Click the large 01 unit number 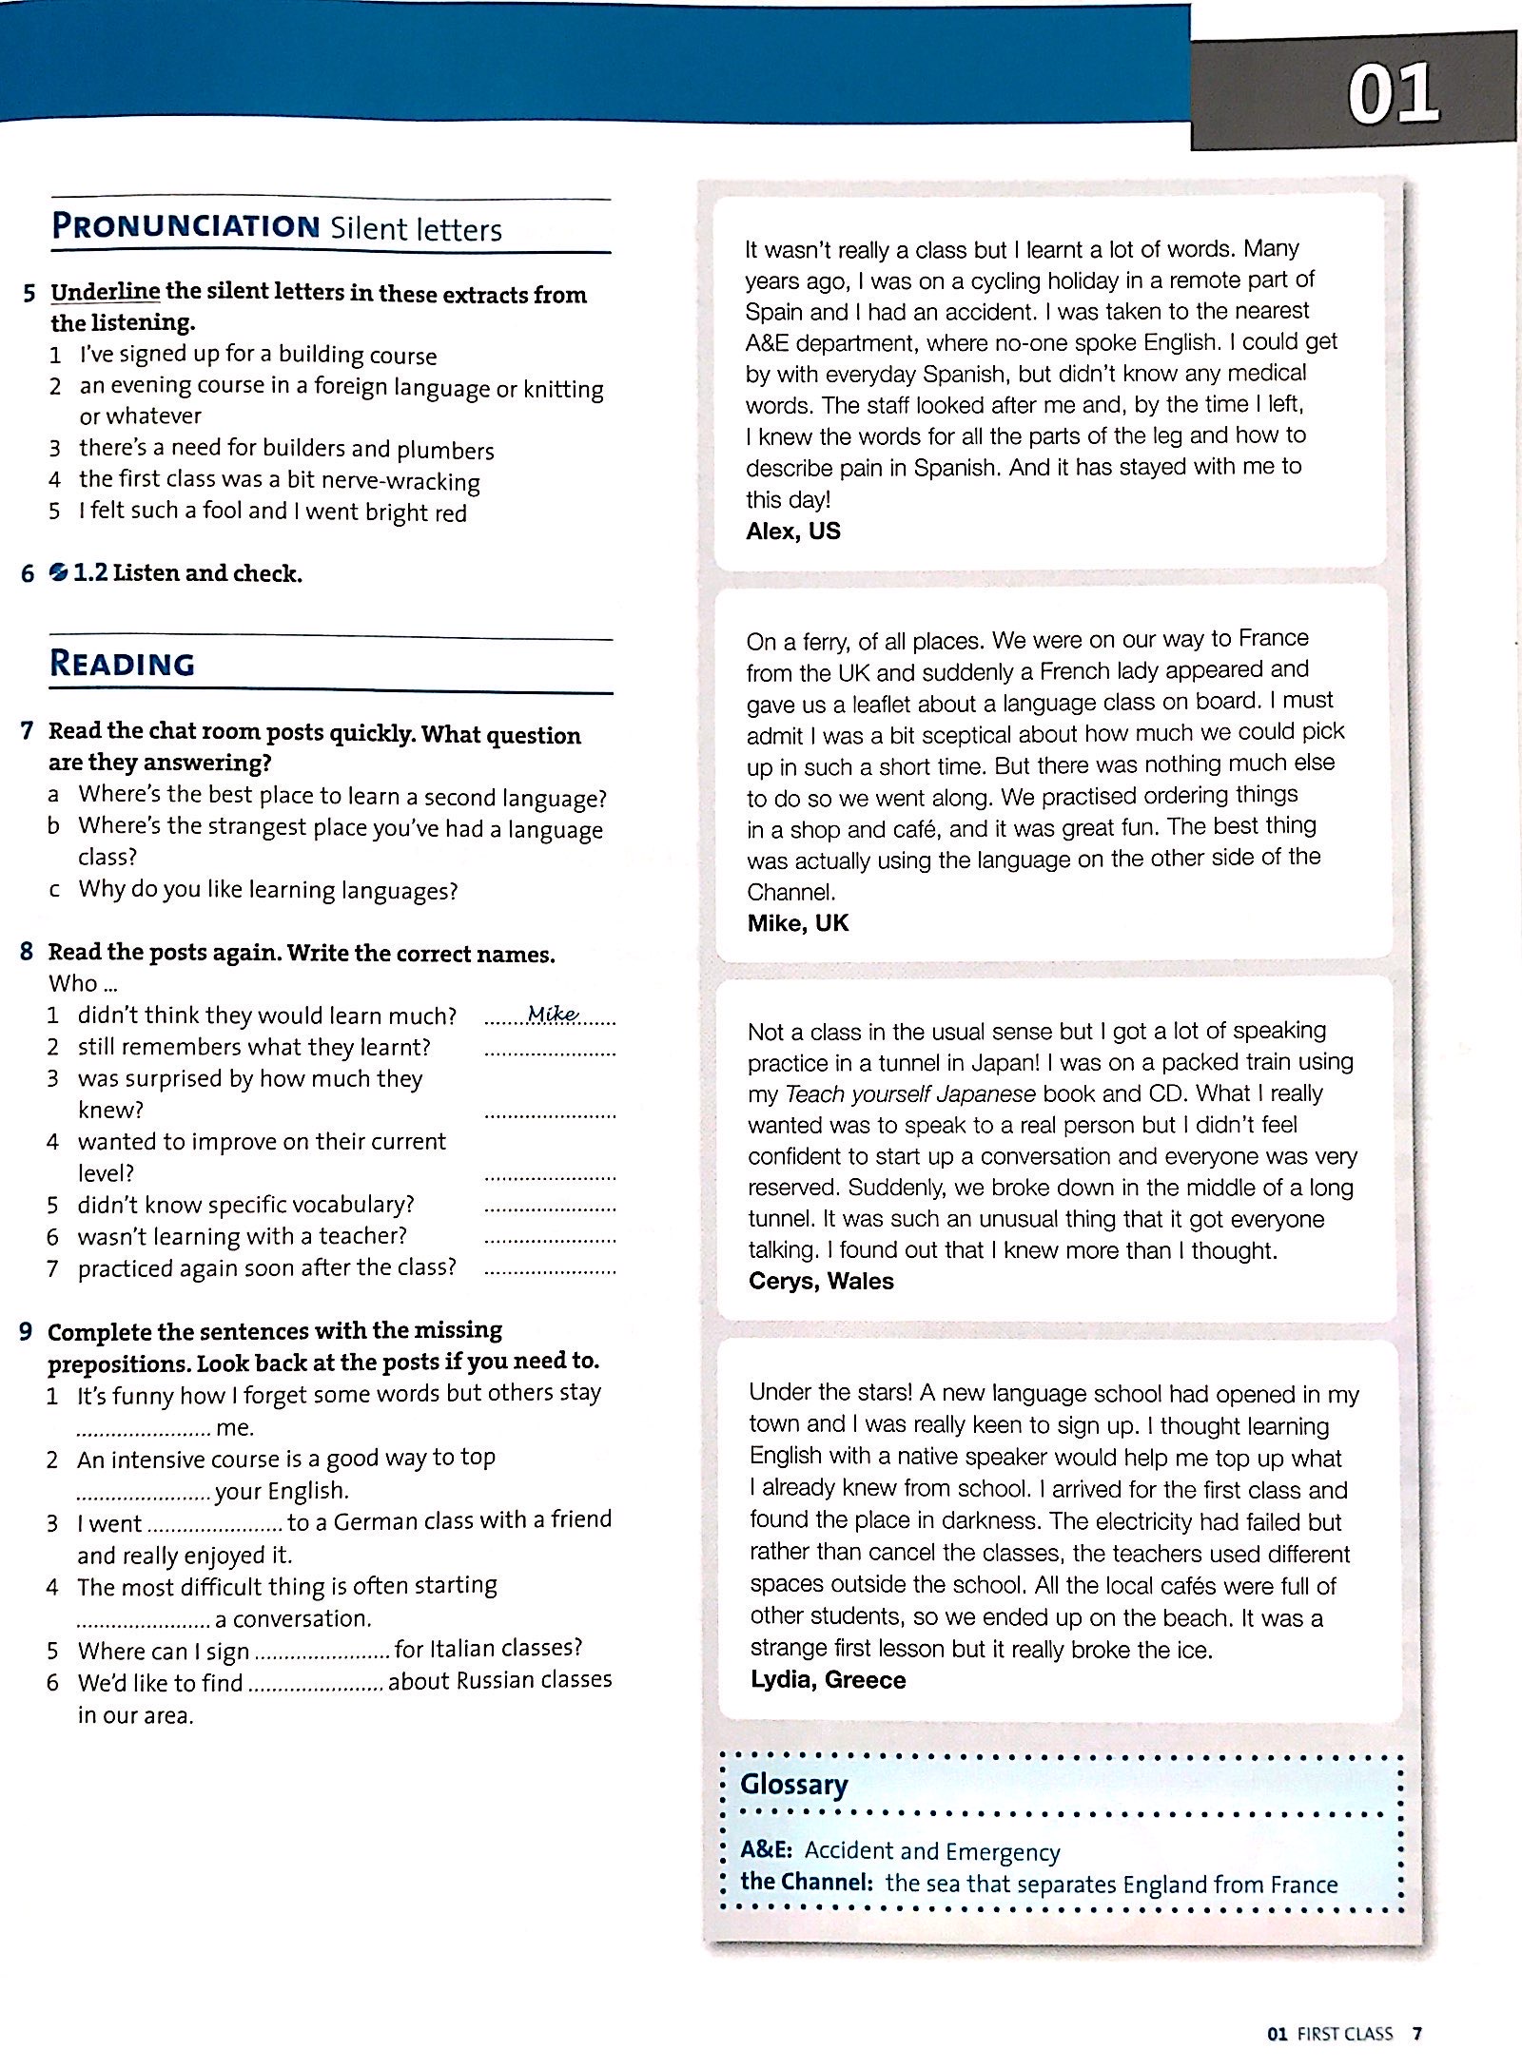1393,95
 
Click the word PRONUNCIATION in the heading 185,226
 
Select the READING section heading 122,663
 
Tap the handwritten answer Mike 553,1014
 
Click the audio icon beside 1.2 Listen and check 58,572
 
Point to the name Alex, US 793,531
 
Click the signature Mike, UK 797,923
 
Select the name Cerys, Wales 821,1281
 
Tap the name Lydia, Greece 828,1679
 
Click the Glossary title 793,1784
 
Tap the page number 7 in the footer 1416,2034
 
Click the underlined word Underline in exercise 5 106,292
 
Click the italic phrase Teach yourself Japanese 909,1093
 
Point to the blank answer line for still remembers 550,1051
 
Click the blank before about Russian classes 315,1685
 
